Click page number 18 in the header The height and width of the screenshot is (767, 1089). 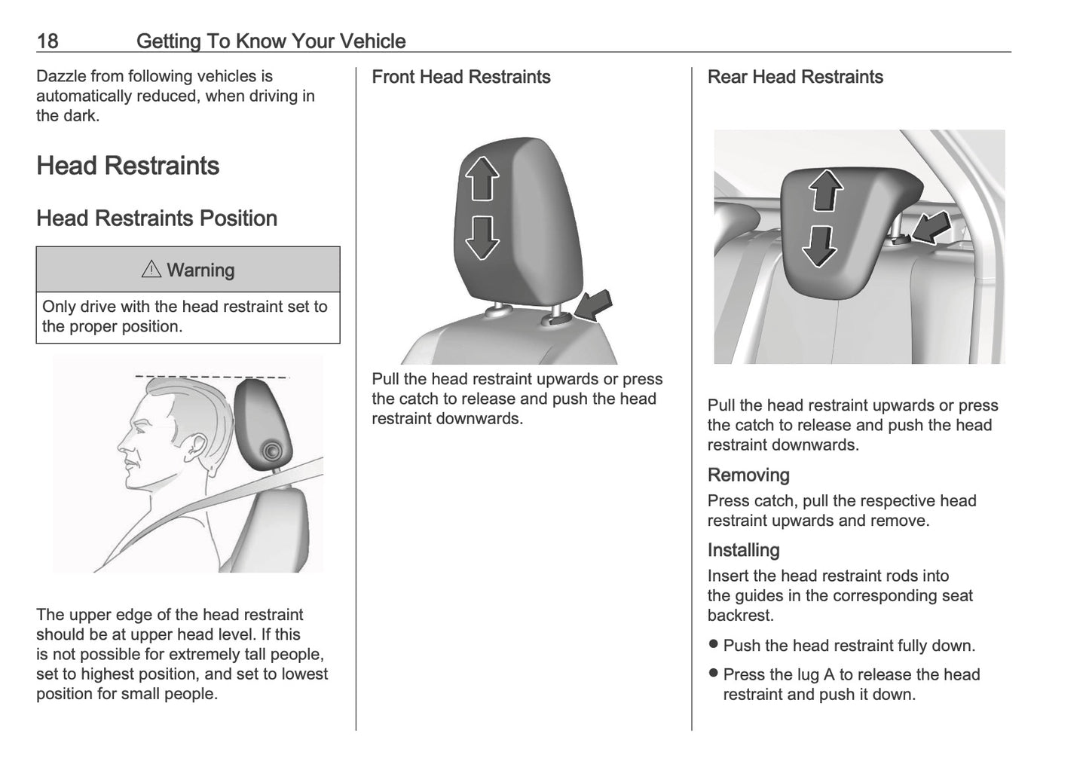click(x=47, y=41)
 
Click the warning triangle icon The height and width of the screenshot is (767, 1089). click(x=151, y=269)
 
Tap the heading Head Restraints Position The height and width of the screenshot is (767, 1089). click(x=157, y=218)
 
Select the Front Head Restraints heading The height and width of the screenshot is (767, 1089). click(x=460, y=77)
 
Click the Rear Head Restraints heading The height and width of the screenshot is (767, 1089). click(x=794, y=77)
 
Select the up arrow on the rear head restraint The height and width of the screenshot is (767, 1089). click(x=826, y=191)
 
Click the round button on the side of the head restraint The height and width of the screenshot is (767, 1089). click(x=271, y=452)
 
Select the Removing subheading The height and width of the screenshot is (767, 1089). click(x=748, y=475)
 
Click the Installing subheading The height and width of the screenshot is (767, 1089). click(x=743, y=551)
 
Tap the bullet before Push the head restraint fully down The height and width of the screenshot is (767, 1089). click(x=714, y=645)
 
